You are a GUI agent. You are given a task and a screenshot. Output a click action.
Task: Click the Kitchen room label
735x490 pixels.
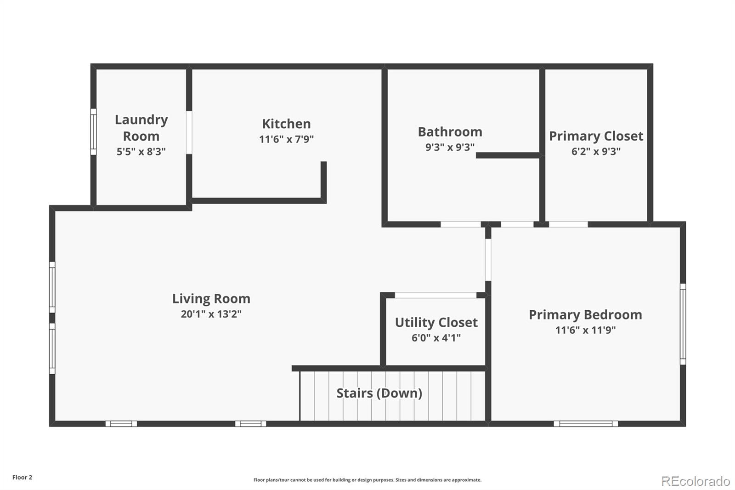(286, 124)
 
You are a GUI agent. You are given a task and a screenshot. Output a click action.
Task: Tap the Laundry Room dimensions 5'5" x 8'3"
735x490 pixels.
(141, 151)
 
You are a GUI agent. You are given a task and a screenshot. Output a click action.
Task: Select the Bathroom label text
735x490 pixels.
(450, 132)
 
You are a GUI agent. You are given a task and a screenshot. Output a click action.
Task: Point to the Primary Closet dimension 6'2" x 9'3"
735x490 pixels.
(596, 151)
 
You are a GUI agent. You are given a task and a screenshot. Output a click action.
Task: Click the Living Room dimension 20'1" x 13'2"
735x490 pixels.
(211, 314)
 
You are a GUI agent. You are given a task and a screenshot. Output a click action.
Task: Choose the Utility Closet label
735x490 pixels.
(436, 323)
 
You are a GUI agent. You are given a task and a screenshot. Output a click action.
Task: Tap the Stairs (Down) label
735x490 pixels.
(379, 393)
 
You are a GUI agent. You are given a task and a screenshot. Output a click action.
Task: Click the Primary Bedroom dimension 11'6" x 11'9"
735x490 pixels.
(585, 330)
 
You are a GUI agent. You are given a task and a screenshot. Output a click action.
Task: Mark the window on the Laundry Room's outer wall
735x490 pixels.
(94, 132)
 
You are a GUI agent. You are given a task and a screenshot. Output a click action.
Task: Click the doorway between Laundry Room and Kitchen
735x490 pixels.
(189, 132)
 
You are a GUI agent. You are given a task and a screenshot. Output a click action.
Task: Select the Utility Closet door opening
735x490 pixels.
(435, 295)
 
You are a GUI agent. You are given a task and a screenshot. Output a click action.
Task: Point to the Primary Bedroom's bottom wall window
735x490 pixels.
(586, 424)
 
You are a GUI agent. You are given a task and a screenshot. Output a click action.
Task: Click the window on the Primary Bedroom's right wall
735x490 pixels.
(683, 324)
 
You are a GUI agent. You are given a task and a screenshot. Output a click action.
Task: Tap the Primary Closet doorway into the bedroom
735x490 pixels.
(568, 224)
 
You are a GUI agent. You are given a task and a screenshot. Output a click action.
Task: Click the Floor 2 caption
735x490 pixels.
(23, 477)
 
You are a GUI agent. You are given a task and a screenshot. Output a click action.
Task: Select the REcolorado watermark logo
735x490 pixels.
(695, 481)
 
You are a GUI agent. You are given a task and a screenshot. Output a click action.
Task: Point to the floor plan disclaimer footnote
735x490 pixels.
(367, 480)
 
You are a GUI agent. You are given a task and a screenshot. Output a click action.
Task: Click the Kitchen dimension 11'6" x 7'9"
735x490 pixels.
(286, 139)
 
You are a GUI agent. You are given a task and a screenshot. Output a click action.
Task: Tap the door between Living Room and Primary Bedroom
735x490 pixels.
(488, 260)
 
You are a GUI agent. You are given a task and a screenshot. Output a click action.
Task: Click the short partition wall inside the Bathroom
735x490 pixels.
(508, 155)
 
